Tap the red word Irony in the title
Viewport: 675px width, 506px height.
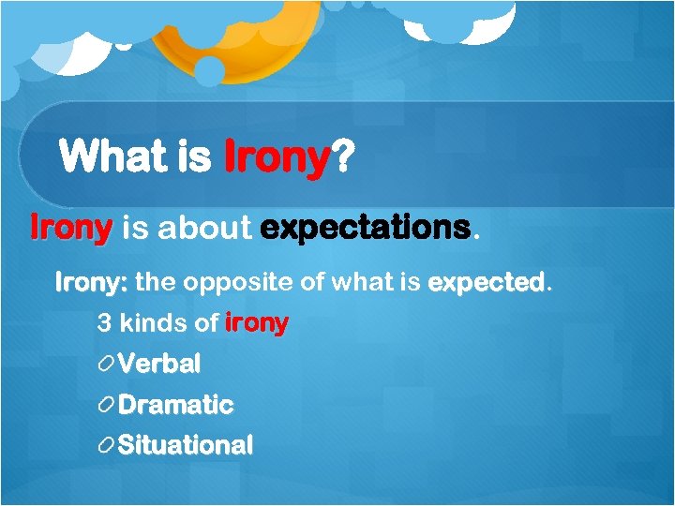click(277, 156)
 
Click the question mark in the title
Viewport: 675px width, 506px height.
click(343, 156)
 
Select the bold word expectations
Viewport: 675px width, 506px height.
click(366, 229)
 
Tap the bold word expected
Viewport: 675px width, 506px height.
click(486, 281)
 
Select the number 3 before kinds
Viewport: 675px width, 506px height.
click(103, 324)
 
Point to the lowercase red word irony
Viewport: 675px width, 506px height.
click(257, 324)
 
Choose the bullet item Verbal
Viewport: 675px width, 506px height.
click(158, 364)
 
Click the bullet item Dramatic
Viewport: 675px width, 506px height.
click(175, 405)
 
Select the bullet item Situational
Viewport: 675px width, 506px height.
click(185, 445)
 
